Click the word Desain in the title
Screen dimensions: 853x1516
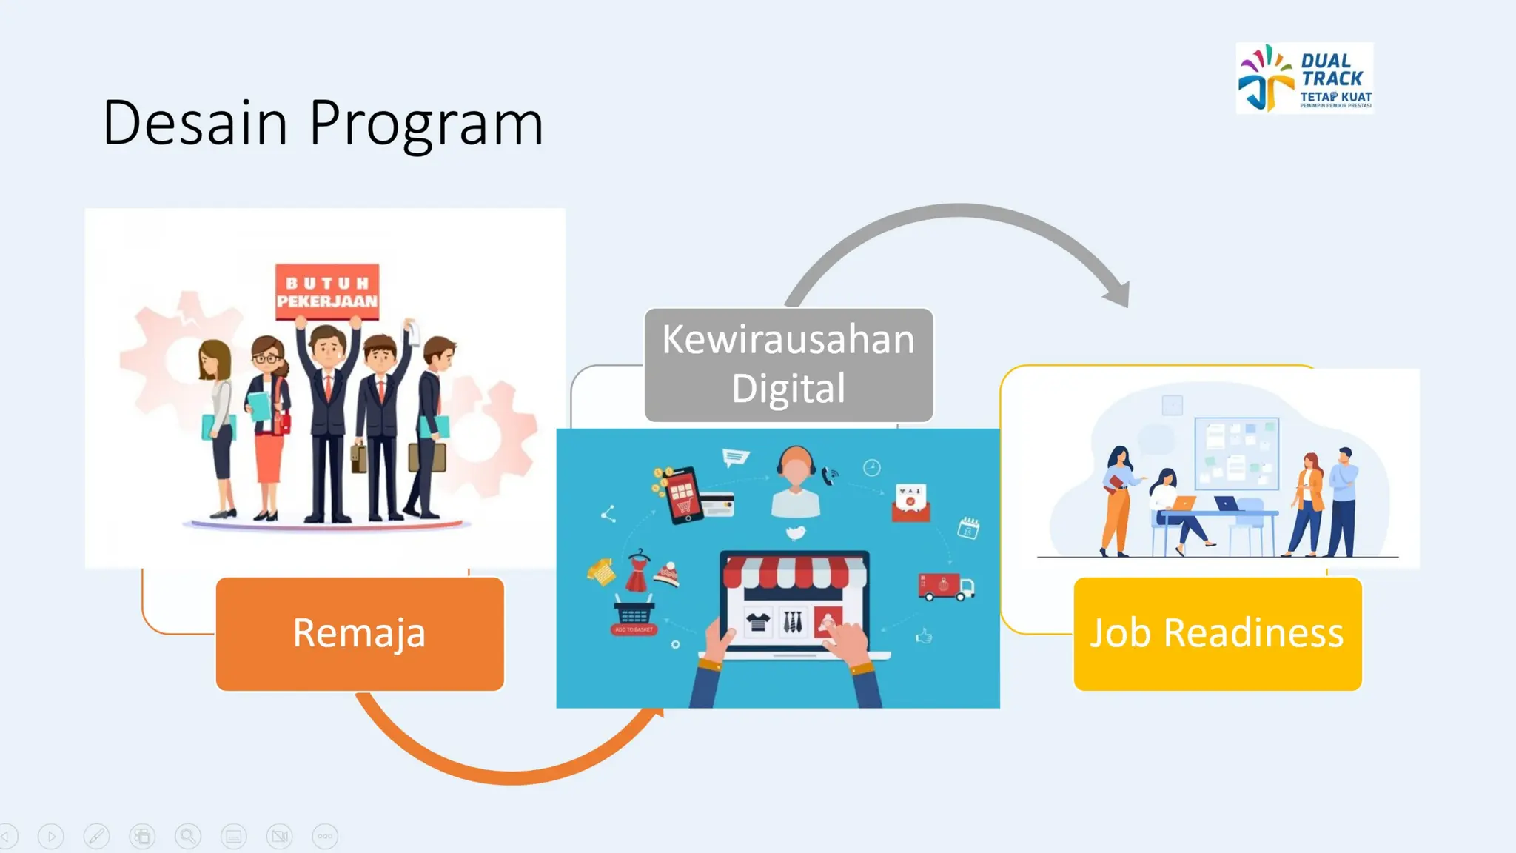click(195, 123)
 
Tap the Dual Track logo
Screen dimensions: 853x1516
click(1304, 78)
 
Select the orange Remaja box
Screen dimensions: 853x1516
click(360, 634)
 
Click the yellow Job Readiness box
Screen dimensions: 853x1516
click(1217, 634)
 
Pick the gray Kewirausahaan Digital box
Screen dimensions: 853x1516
click(788, 364)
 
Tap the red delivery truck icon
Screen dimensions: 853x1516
click(945, 586)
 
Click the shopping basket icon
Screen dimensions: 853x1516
click(634, 613)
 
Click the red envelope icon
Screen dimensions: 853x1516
click(910, 504)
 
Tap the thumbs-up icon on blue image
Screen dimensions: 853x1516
click(924, 636)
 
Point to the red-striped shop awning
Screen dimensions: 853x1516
click(794, 571)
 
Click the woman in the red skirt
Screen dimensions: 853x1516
click(268, 429)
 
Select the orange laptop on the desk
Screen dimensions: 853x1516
click(1183, 504)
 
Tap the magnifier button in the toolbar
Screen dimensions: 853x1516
click(188, 837)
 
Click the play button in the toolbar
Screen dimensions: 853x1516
click(51, 837)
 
